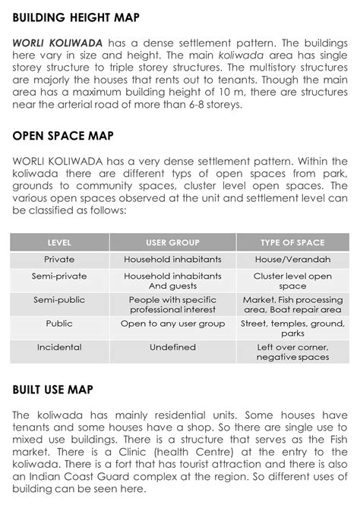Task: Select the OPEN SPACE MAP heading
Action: point(63,136)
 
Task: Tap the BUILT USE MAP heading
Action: point(52,390)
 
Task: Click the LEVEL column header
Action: point(59,243)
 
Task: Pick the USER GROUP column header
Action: point(172,243)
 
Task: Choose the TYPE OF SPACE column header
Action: point(292,243)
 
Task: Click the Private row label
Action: point(59,260)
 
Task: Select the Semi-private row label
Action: point(59,276)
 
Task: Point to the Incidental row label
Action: point(59,347)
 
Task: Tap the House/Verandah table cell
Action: point(292,260)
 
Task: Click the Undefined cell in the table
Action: point(172,347)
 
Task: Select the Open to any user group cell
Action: point(172,323)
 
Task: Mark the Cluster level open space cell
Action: point(292,281)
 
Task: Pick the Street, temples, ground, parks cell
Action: point(292,328)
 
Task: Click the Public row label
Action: point(59,323)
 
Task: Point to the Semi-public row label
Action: point(59,300)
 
